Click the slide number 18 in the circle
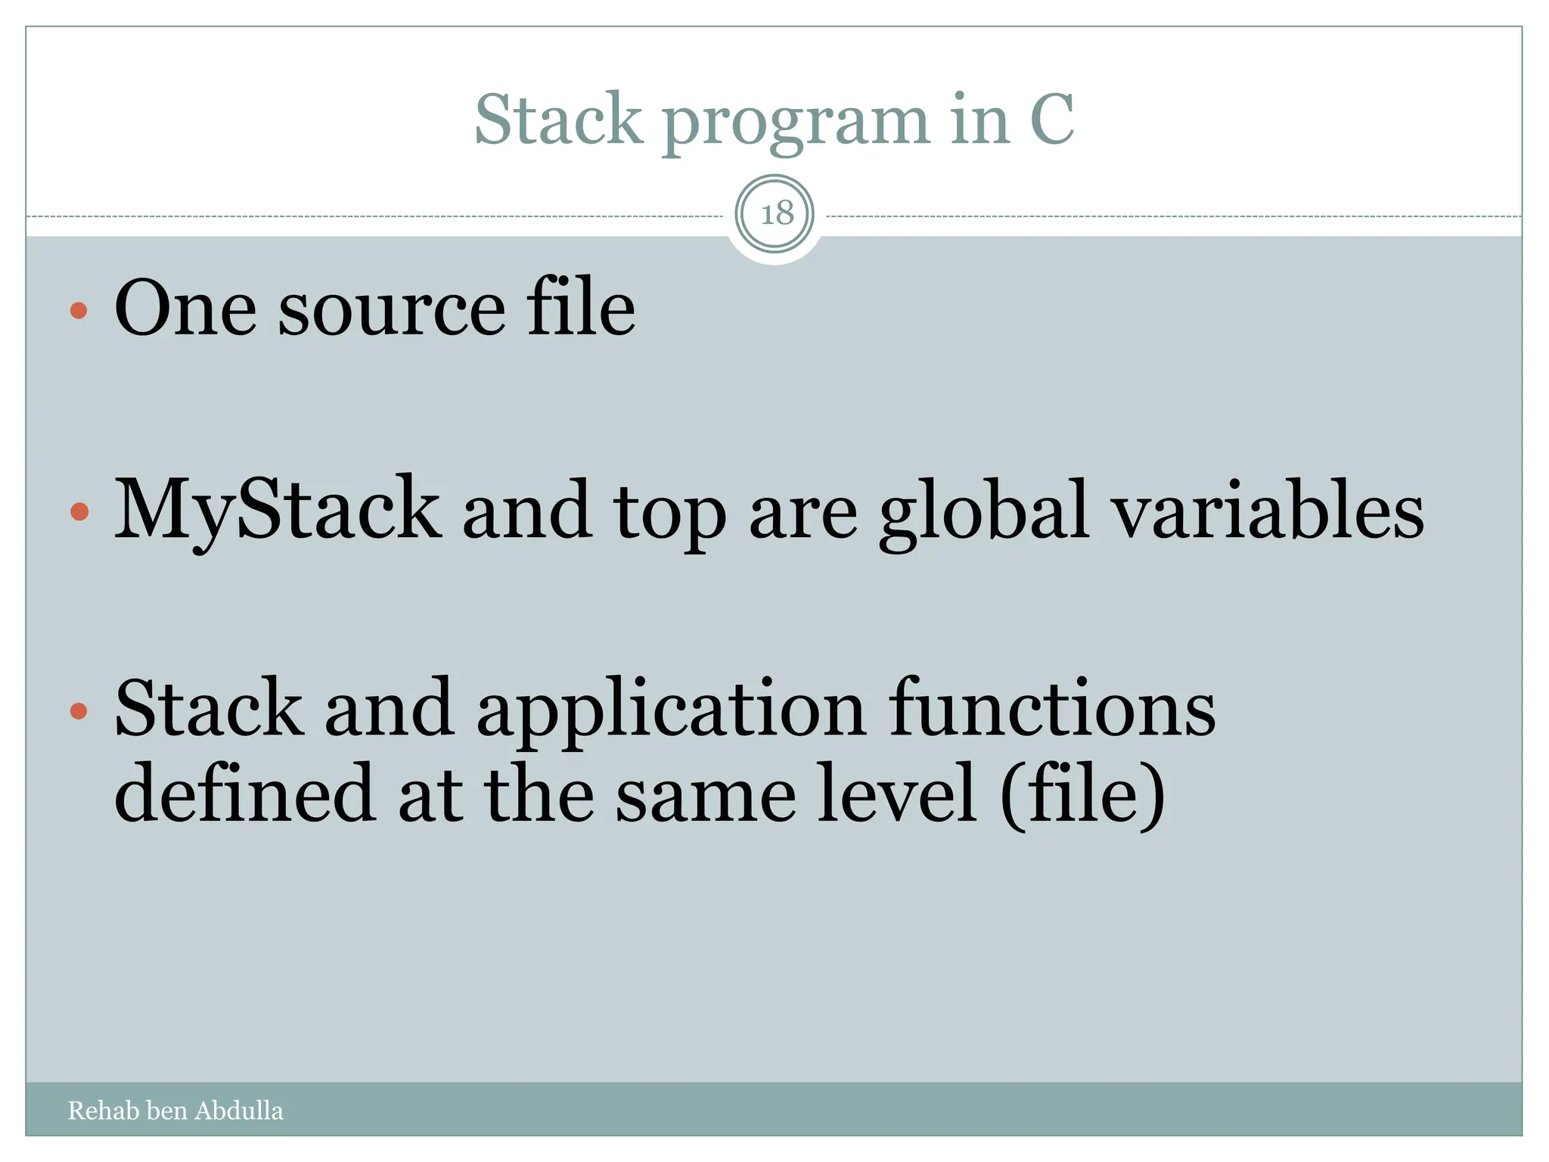777,214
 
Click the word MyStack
277,511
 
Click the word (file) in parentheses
1082,794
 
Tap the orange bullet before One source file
79,310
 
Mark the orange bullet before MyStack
79,512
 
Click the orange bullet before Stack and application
79,710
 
